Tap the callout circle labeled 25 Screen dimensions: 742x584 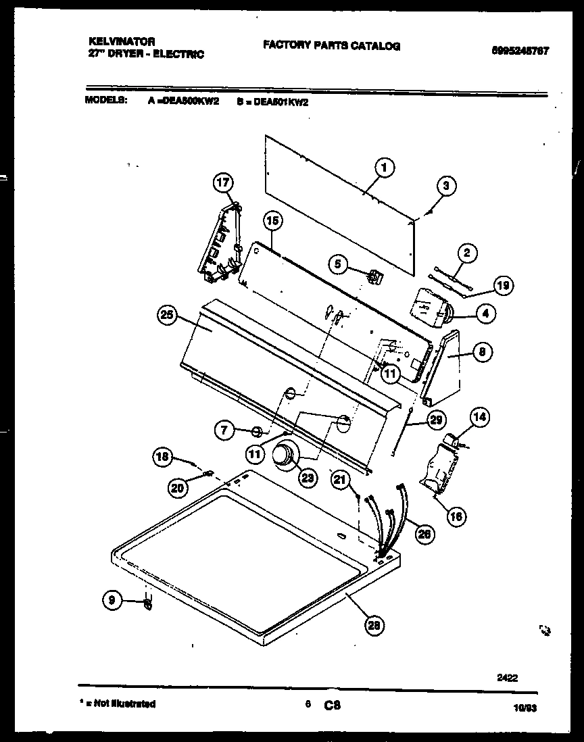coord(169,314)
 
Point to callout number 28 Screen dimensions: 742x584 coord(373,625)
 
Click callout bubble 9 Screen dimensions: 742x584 coord(114,599)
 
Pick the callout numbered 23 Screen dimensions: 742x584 coord(308,477)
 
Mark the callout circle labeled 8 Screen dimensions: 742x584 coord(481,351)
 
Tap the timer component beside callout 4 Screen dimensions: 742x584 coord(427,305)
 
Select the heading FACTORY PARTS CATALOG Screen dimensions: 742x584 coord(331,46)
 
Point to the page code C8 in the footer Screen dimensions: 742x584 coord(332,704)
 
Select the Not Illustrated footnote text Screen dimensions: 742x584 coord(118,703)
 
